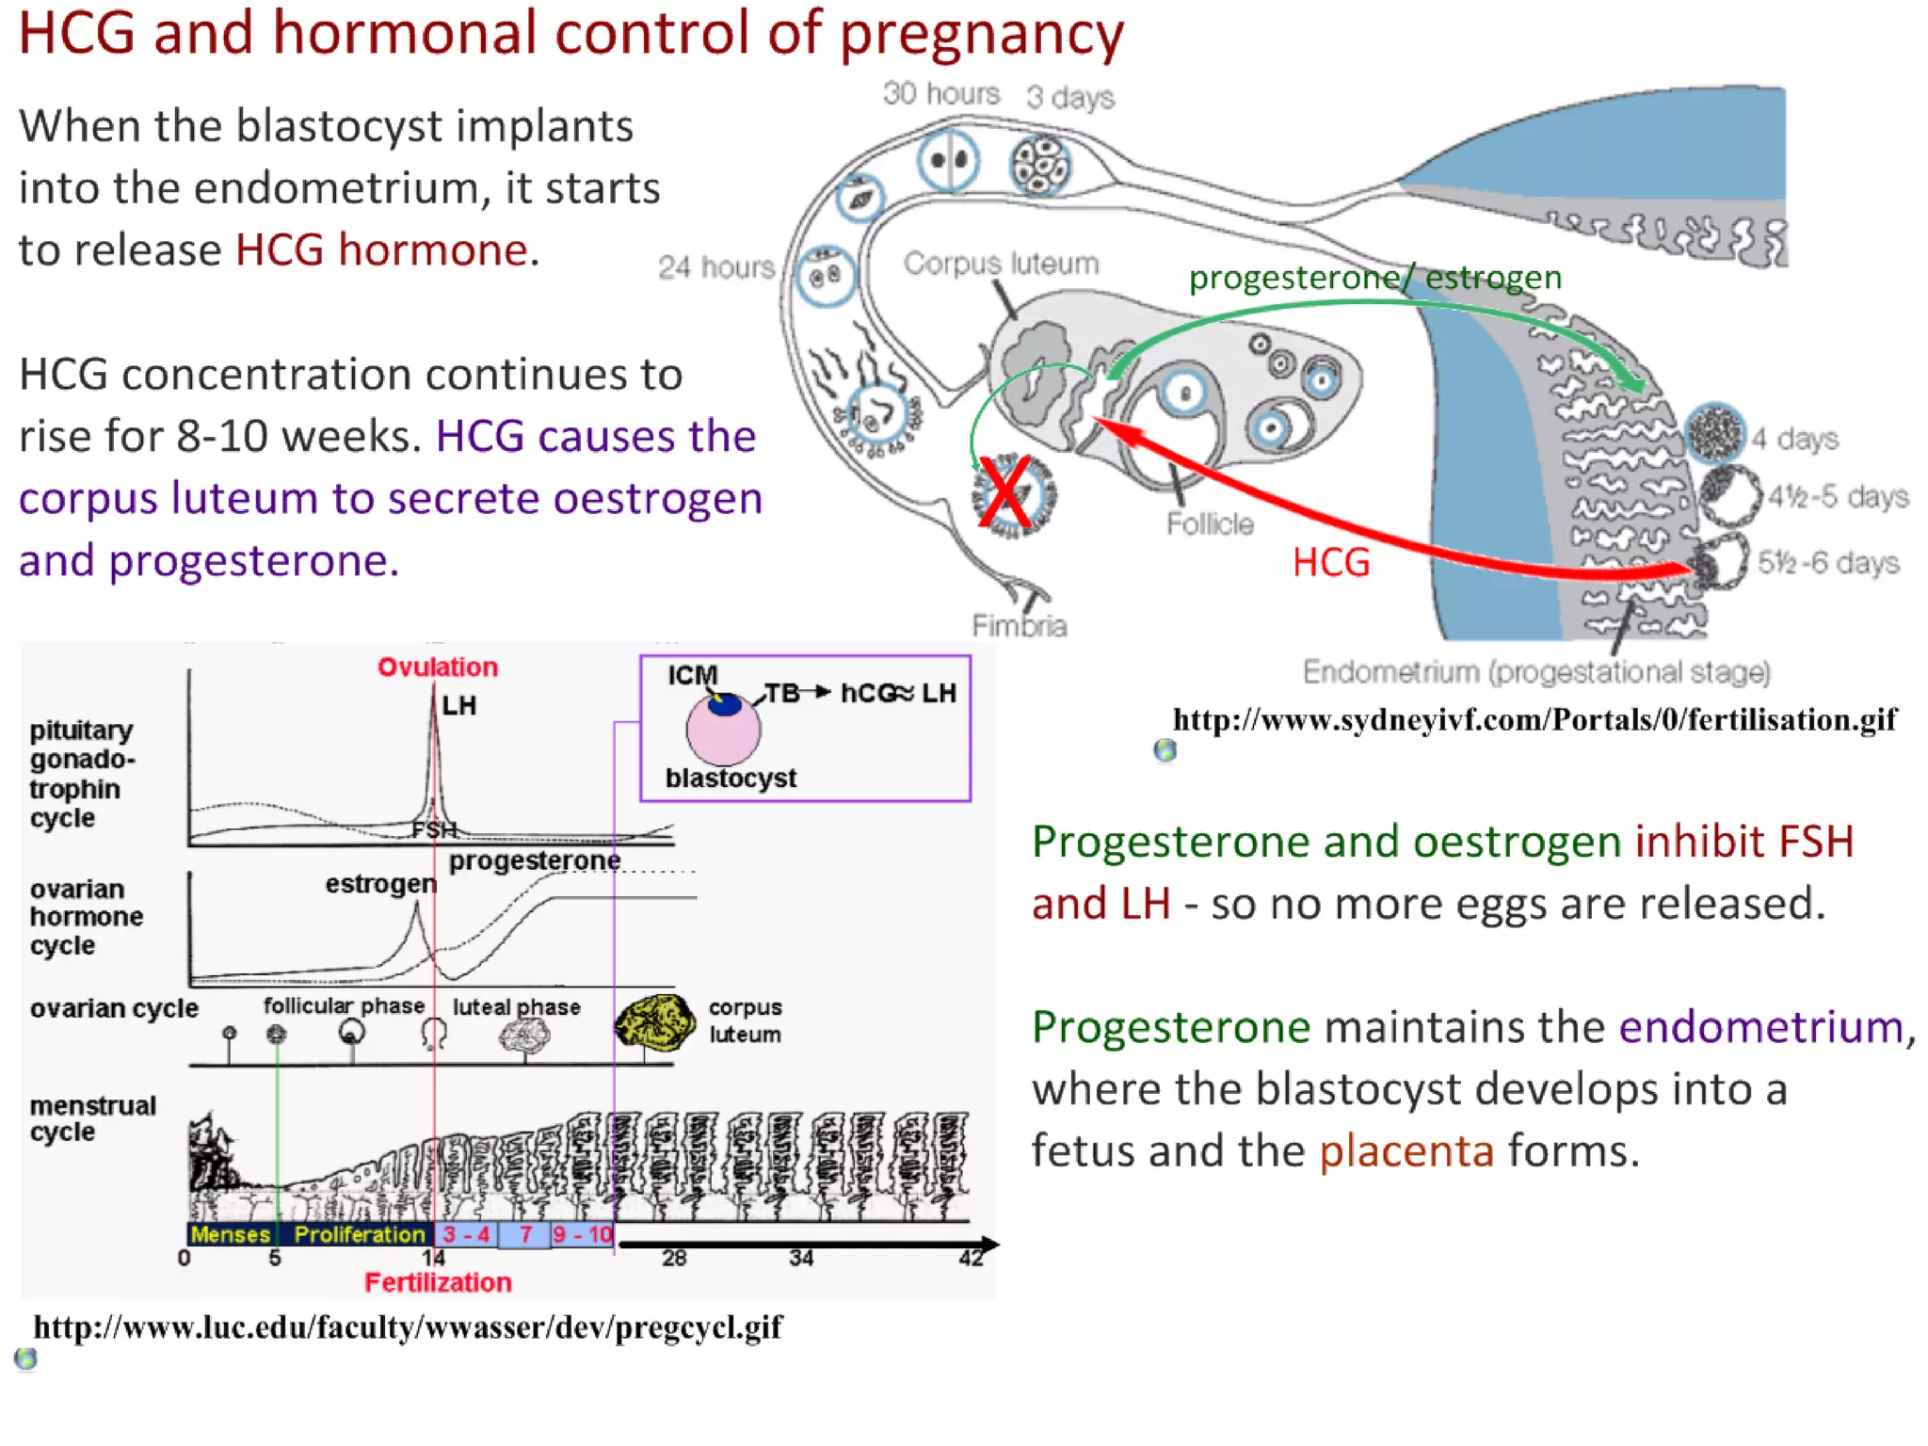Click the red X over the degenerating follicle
(1004, 491)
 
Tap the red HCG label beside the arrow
(1330, 563)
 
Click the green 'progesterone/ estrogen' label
(1374, 278)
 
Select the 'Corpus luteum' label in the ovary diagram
(1001, 264)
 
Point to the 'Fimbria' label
(1020, 626)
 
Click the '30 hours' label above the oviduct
(940, 94)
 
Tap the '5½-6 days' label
(1827, 563)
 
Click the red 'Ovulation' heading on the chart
(438, 667)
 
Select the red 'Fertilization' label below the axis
(438, 1282)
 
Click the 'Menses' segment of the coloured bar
(231, 1234)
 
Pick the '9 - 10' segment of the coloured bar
(583, 1234)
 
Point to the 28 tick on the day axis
(674, 1259)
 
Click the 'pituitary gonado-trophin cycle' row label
(83, 774)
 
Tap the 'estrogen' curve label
(380, 884)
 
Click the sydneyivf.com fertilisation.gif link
(1534, 720)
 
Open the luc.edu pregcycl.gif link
(408, 1327)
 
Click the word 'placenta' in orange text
(1406, 1151)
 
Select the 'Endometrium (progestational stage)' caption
(1536, 672)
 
